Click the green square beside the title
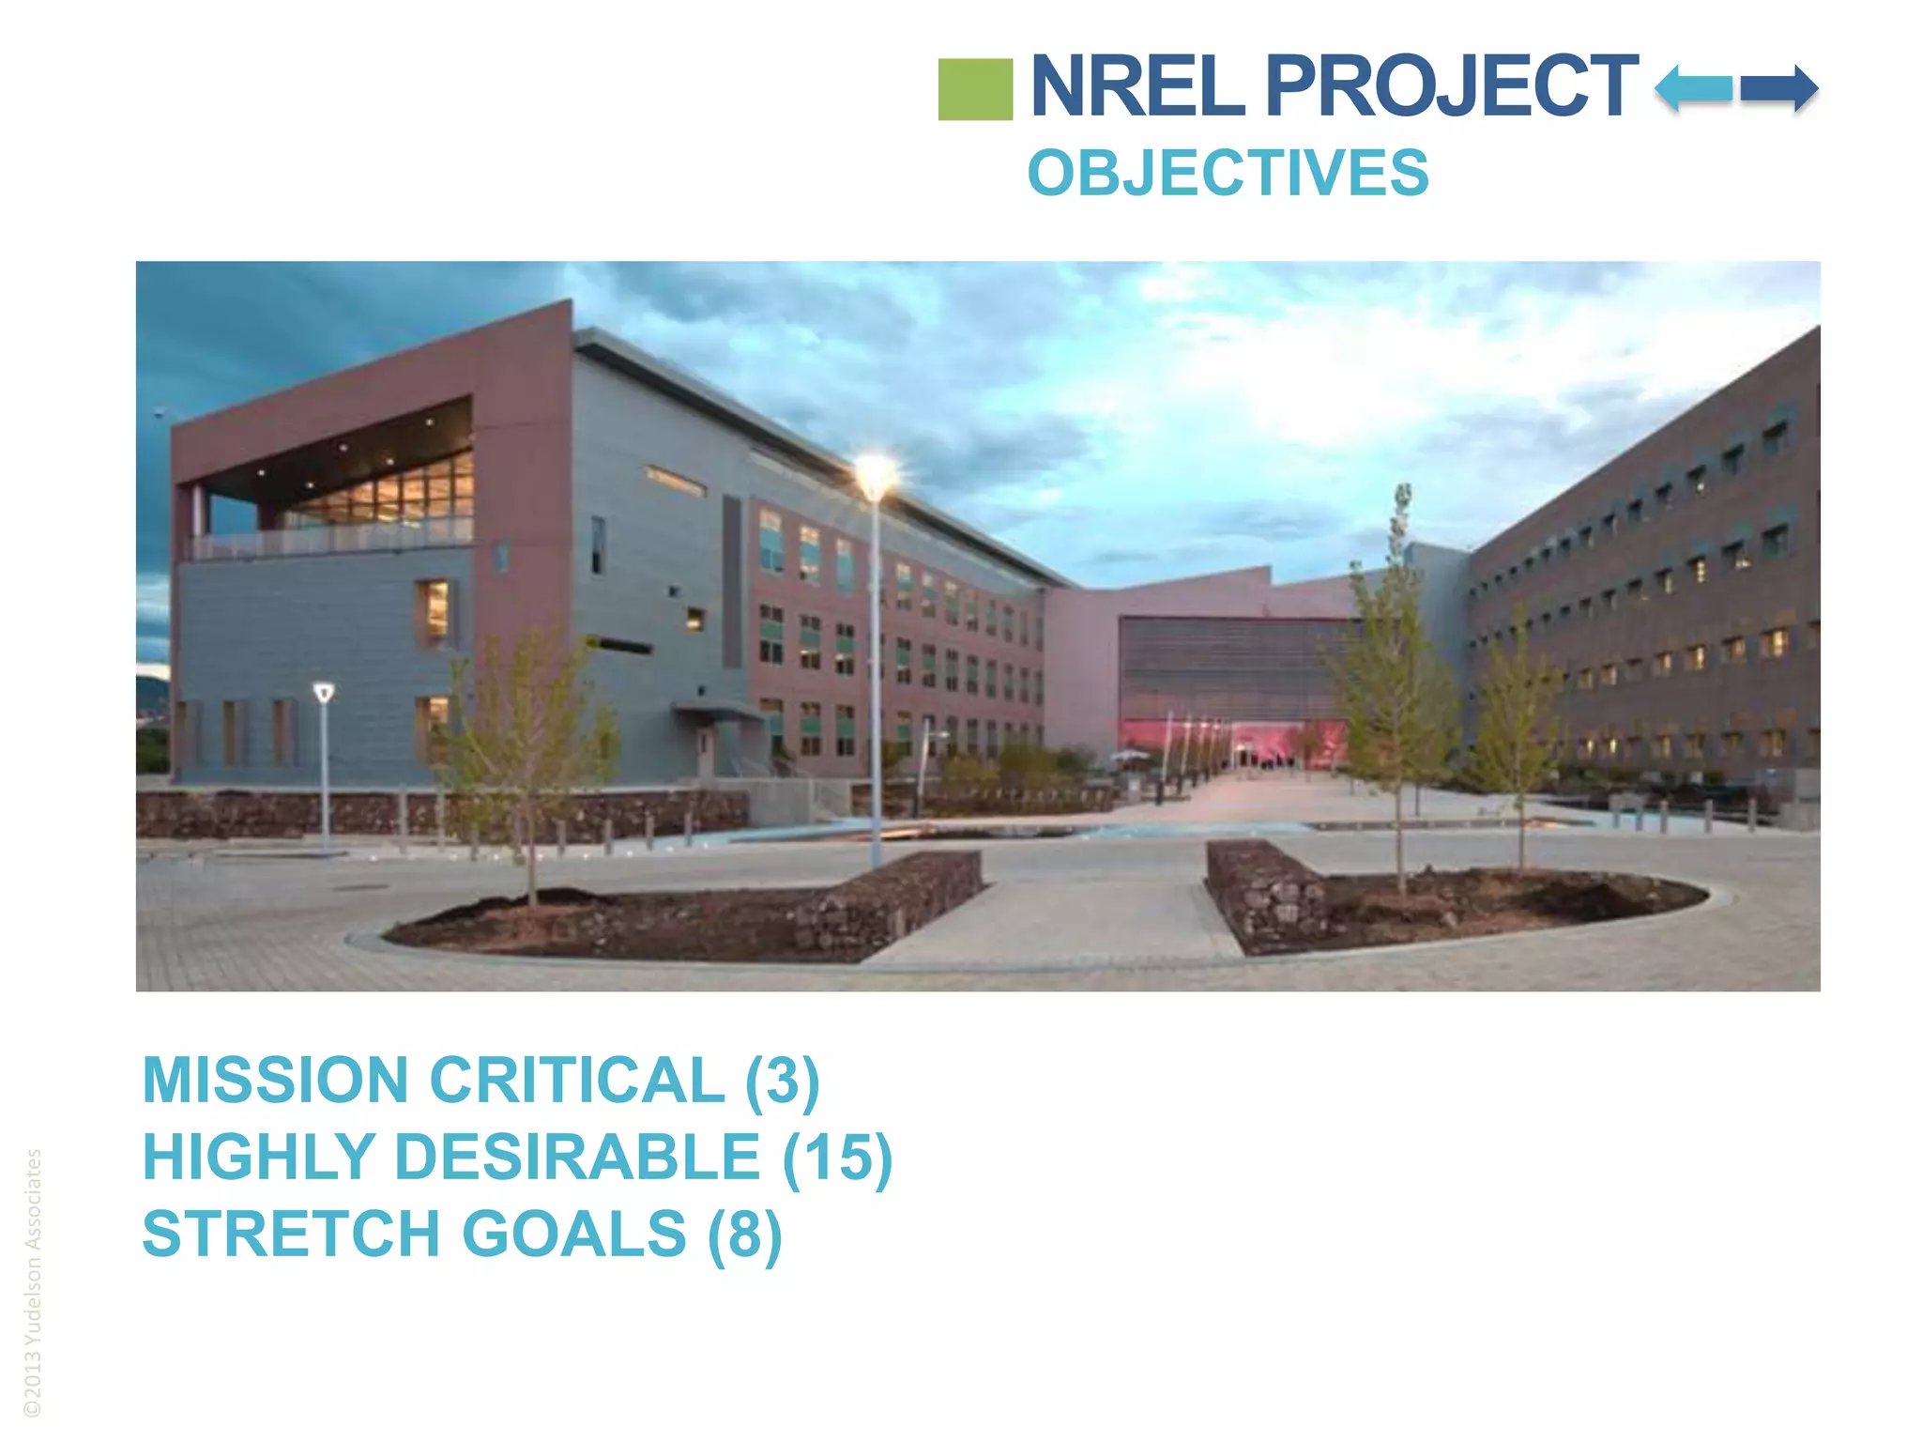pos(975,89)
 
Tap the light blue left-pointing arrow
pos(1693,89)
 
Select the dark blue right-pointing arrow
pos(1779,89)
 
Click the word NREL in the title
pos(1138,86)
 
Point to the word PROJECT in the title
pos(1451,86)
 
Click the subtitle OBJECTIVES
pos(1228,173)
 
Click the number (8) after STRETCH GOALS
pos(744,1234)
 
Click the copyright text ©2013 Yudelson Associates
pos(33,1282)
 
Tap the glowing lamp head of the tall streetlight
pos(875,474)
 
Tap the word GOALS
pos(573,1234)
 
